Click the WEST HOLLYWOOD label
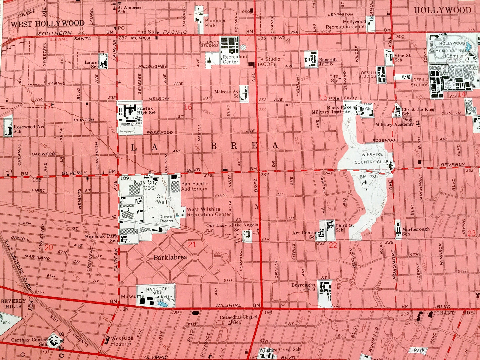tap(48, 23)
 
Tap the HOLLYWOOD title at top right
tap(442, 10)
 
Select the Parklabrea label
tap(170, 257)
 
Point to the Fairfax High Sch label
tap(147, 110)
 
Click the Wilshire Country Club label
tap(372, 158)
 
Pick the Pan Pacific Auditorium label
tap(195, 186)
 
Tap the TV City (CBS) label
tap(148, 186)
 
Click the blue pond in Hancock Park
tap(162, 304)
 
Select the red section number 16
tap(188, 107)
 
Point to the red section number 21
tap(192, 245)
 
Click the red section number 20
tap(49, 247)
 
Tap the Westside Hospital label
tap(122, 341)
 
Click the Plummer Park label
tap(215, 23)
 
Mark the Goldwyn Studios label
tap(209, 44)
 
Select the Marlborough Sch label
tap(415, 231)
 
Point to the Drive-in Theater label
tap(166, 219)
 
